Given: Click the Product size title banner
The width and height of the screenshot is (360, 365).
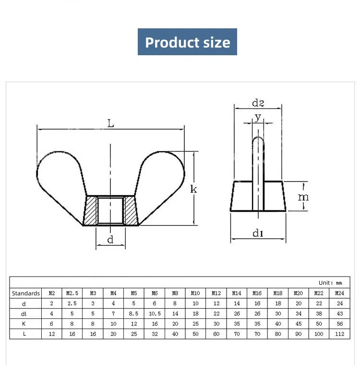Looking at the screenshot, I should pyautogui.click(x=187, y=42).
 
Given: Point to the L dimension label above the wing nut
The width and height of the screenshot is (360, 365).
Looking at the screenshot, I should pyautogui.click(x=111, y=123).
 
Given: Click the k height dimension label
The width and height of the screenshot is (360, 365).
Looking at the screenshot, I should pyautogui.click(x=193, y=189).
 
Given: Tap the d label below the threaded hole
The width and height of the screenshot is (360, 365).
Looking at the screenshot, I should pyautogui.click(x=110, y=240).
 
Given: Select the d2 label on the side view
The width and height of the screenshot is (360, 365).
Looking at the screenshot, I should pyautogui.click(x=258, y=103).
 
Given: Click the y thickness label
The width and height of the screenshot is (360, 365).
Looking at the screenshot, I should pyautogui.click(x=258, y=117).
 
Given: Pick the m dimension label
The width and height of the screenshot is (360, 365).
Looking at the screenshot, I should pyautogui.click(x=303, y=196).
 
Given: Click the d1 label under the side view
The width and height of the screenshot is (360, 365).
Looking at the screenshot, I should pyautogui.click(x=258, y=233).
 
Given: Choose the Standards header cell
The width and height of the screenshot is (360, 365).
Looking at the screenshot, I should pyautogui.click(x=25, y=293).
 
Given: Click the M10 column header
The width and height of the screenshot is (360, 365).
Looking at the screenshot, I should pyautogui.click(x=195, y=293).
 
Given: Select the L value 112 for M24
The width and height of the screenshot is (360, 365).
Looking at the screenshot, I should pyautogui.click(x=339, y=334).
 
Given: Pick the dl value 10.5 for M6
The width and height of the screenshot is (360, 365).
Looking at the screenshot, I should pyautogui.click(x=155, y=314).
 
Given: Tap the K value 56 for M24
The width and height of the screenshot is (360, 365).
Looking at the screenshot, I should pyautogui.click(x=339, y=324).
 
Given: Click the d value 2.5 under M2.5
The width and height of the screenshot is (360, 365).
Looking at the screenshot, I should pyautogui.click(x=72, y=304).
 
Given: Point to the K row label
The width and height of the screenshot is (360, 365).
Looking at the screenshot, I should pyautogui.click(x=24, y=324).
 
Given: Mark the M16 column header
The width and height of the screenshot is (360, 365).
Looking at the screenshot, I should pyautogui.click(x=257, y=293).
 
